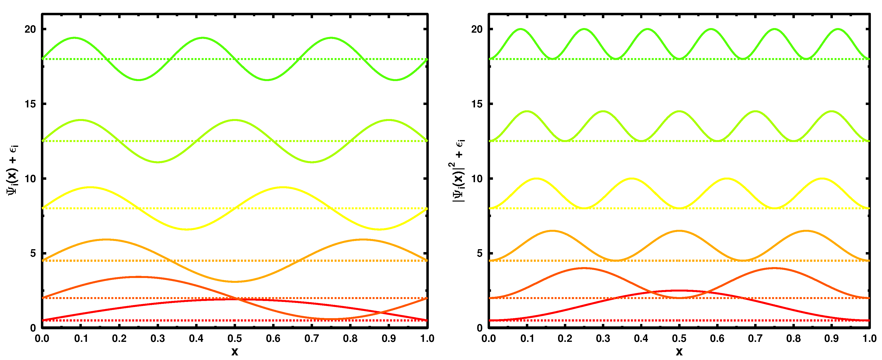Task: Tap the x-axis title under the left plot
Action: [235, 352]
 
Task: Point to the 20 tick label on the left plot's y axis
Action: [30, 29]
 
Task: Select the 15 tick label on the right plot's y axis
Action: [477, 104]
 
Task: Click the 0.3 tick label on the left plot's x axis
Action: [158, 339]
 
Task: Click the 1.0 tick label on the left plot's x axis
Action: [427, 339]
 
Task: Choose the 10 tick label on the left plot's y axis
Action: [30, 179]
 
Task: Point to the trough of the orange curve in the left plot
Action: [235, 282]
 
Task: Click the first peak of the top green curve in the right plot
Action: [521, 29]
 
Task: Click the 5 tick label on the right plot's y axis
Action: [479, 253]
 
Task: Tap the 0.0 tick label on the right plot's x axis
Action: [489, 339]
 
